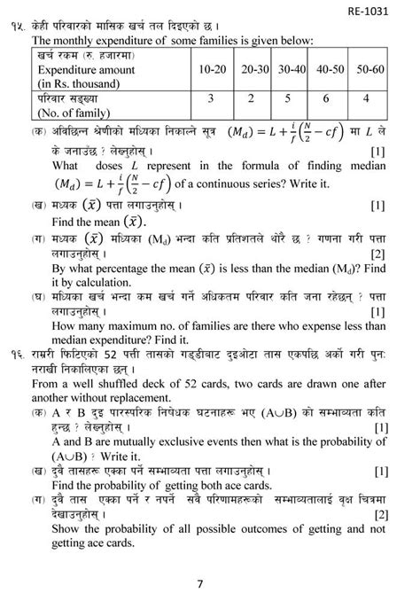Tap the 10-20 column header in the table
[212, 68]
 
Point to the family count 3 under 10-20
[212, 100]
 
